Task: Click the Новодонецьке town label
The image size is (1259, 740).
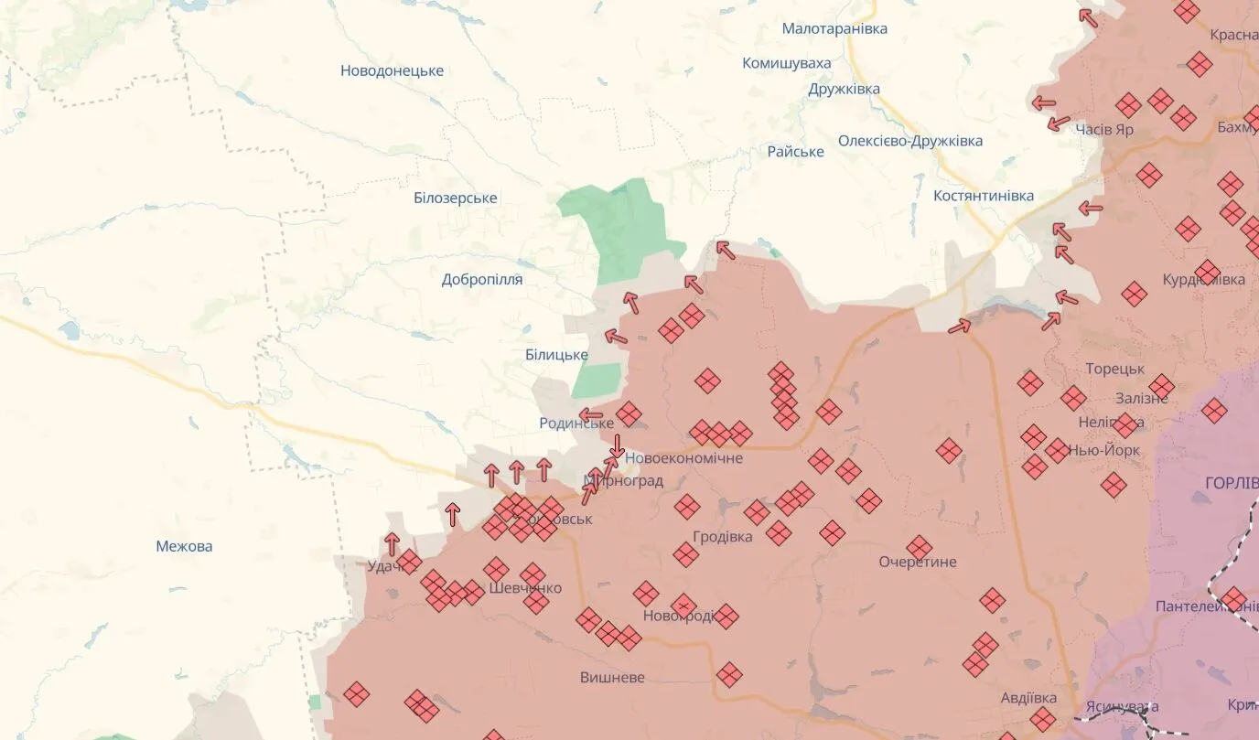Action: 392,70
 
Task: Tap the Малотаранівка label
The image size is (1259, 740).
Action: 834,29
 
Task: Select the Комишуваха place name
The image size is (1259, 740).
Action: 787,63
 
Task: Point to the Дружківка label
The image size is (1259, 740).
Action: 844,89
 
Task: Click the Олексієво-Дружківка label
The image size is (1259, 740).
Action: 910,141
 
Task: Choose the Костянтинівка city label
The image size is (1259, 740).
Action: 984,196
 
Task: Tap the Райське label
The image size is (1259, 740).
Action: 795,151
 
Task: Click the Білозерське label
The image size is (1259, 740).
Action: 455,198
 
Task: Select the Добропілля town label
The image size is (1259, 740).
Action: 482,279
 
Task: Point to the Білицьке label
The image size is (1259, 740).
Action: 556,355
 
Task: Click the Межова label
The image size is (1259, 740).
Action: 184,546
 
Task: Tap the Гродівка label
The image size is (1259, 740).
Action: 723,537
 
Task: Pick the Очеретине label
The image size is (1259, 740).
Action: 918,562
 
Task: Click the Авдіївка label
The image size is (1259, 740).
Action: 1028,698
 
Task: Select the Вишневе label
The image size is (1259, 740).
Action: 612,678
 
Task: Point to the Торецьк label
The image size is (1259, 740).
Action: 1114,369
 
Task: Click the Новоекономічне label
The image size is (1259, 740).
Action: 684,458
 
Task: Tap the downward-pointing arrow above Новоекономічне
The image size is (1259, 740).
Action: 618,445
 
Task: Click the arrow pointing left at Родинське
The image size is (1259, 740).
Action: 591,415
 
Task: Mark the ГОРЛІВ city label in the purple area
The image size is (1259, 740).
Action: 1232,483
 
